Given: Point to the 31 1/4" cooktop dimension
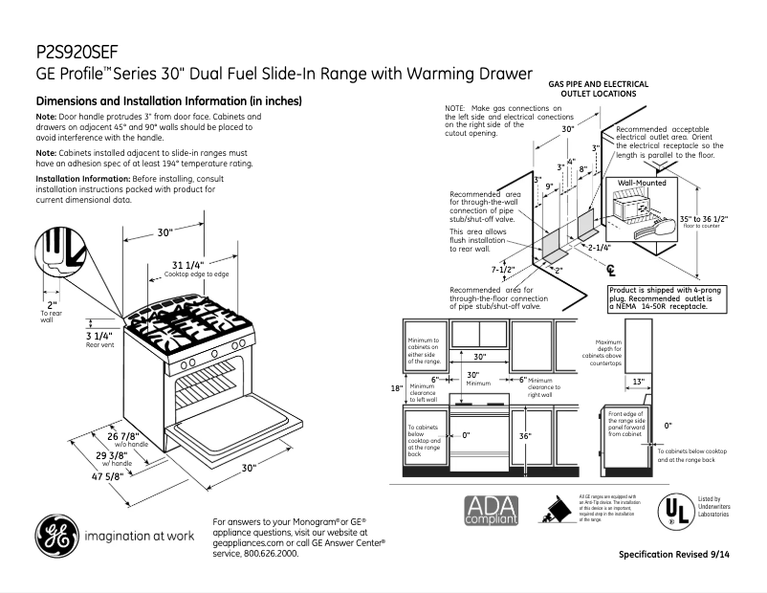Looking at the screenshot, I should tap(187, 265).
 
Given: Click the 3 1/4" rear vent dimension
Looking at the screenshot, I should tap(99, 337).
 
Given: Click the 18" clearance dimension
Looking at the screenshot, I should tap(397, 388).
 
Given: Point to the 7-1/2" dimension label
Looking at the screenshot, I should tap(504, 270).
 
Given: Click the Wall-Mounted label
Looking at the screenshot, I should tap(641, 182).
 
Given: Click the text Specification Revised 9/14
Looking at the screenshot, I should tap(680, 555).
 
